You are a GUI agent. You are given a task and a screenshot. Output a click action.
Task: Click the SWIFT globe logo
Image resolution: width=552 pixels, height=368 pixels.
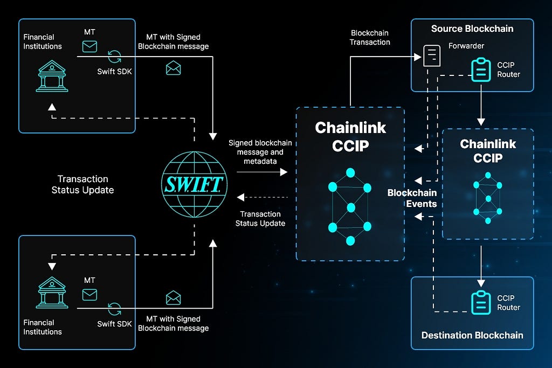click(x=195, y=185)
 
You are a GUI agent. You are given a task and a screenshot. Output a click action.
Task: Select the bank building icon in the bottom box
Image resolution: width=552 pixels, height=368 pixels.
click(x=53, y=293)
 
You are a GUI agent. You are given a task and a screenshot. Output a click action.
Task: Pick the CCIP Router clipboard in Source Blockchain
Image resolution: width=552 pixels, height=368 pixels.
click(x=480, y=70)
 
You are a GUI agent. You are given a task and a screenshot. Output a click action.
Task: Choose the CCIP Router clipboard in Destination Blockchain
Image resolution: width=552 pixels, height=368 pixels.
click(x=480, y=303)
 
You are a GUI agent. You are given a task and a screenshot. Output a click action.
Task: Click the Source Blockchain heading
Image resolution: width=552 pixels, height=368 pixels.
click(x=472, y=29)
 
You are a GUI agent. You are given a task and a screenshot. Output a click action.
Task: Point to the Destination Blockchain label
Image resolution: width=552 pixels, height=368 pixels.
click(x=472, y=335)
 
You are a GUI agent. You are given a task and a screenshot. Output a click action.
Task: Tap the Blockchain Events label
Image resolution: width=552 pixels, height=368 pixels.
click(x=412, y=198)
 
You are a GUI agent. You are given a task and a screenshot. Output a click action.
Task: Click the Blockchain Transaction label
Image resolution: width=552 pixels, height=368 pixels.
click(x=370, y=37)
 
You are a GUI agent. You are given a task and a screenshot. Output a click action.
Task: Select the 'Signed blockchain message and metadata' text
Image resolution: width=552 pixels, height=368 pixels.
click(x=260, y=152)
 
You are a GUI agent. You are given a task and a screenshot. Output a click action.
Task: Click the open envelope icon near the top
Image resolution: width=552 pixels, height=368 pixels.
click(x=173, y=68)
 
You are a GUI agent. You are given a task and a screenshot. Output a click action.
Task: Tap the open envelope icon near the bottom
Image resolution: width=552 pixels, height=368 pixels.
click(x=173, y=297)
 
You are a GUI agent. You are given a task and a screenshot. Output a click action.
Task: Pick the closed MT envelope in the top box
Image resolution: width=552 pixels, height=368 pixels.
click(x=89, y=46)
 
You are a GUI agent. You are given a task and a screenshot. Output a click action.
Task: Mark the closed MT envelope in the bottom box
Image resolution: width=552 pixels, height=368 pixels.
click(x=89, y=294)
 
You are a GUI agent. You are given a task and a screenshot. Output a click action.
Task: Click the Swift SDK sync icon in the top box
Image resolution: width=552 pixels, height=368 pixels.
click(x=114, y=55)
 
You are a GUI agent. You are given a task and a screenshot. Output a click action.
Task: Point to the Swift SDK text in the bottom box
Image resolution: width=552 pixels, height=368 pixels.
click(x=114, y=324)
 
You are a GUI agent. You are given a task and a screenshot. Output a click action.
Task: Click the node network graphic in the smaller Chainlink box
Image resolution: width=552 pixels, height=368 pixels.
click(x=488, y=198)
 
